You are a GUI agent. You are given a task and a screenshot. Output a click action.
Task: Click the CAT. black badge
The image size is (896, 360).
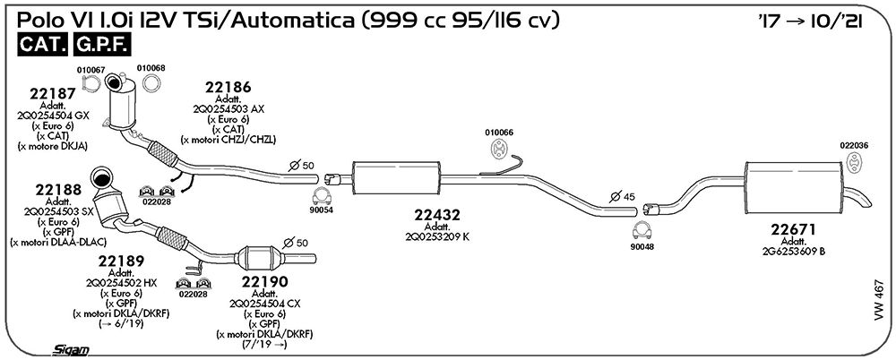click(43, 45)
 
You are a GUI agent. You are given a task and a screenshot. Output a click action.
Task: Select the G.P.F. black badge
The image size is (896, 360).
click(102, 45)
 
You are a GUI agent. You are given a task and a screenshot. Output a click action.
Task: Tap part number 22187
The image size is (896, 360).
click(53, 94)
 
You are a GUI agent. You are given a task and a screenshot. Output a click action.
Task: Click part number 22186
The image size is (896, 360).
click(228, 88)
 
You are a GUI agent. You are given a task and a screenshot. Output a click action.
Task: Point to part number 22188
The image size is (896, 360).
click(58, 190)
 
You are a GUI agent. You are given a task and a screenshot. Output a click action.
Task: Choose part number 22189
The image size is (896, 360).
click(121, 261)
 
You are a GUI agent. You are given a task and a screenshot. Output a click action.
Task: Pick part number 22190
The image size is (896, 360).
click(264, 282)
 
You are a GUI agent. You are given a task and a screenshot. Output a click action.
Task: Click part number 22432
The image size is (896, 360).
click(437, 216)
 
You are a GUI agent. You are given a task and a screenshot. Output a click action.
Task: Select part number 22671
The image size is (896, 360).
click(793, 230)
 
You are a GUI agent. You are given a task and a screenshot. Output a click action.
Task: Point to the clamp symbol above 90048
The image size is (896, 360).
click(642, 229)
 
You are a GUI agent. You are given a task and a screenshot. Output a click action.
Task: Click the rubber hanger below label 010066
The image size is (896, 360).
click(499, 149)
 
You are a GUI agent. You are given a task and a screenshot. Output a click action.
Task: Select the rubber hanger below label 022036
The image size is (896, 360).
click(854, 163)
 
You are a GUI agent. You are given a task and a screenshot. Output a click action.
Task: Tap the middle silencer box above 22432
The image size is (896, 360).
click(397, 178)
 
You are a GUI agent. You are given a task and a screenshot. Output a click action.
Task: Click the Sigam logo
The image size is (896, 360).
click(70, 350)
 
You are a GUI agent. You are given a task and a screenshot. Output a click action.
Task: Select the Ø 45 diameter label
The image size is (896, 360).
click(623, 197)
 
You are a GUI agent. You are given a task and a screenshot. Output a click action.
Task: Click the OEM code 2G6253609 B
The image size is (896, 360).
click(793, 251)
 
